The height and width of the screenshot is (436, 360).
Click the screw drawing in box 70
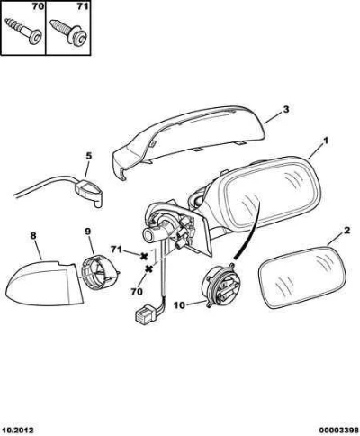pyautogui.click(x=23, y=31)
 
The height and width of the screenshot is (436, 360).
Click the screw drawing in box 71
pyautogui.click(x=68, y=32)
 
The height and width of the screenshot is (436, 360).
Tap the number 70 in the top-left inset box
pyautogui.click(x=38, y=6)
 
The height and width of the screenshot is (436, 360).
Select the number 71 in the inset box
pyautogui.click(x=82, y=6)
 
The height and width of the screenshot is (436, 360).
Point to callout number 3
pyautogui.click(x=286, y=109)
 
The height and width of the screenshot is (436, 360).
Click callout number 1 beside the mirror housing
pyautogui.click(x=326, y=141)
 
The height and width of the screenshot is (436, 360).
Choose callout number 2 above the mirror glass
pyautogui.click(x=346, y=231)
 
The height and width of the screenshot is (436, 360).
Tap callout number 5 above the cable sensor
pyautogui.click(x=89, y=156)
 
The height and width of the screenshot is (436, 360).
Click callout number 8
pyautogui.click(x=33, y=236)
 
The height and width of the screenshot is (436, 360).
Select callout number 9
pyautogui.click(x=87, y=232)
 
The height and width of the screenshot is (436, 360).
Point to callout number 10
pyautogui.click(x=180, y=305)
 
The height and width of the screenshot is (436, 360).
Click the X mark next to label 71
pyautogui.click(x=144, y=256)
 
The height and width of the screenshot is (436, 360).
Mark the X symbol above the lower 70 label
pyautogui.click(x=148, y=269)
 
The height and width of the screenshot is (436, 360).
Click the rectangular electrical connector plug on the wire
pyautogui.click(x=143, y=314)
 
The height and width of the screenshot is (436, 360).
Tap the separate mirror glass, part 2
pyautogui.click(x=302, y=277)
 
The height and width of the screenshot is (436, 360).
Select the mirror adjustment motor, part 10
pyautogui.click(x=221, y=286)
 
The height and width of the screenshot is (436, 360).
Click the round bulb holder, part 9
pyautogui.click(x=99, y=273)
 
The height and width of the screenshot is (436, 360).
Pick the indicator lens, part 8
pyautogui.click(x=44, y=284)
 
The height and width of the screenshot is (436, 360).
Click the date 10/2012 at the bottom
pyautogui.click(x=18, y=431)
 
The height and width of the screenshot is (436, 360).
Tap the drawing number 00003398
pyautogui.click(x=338, y=431)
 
